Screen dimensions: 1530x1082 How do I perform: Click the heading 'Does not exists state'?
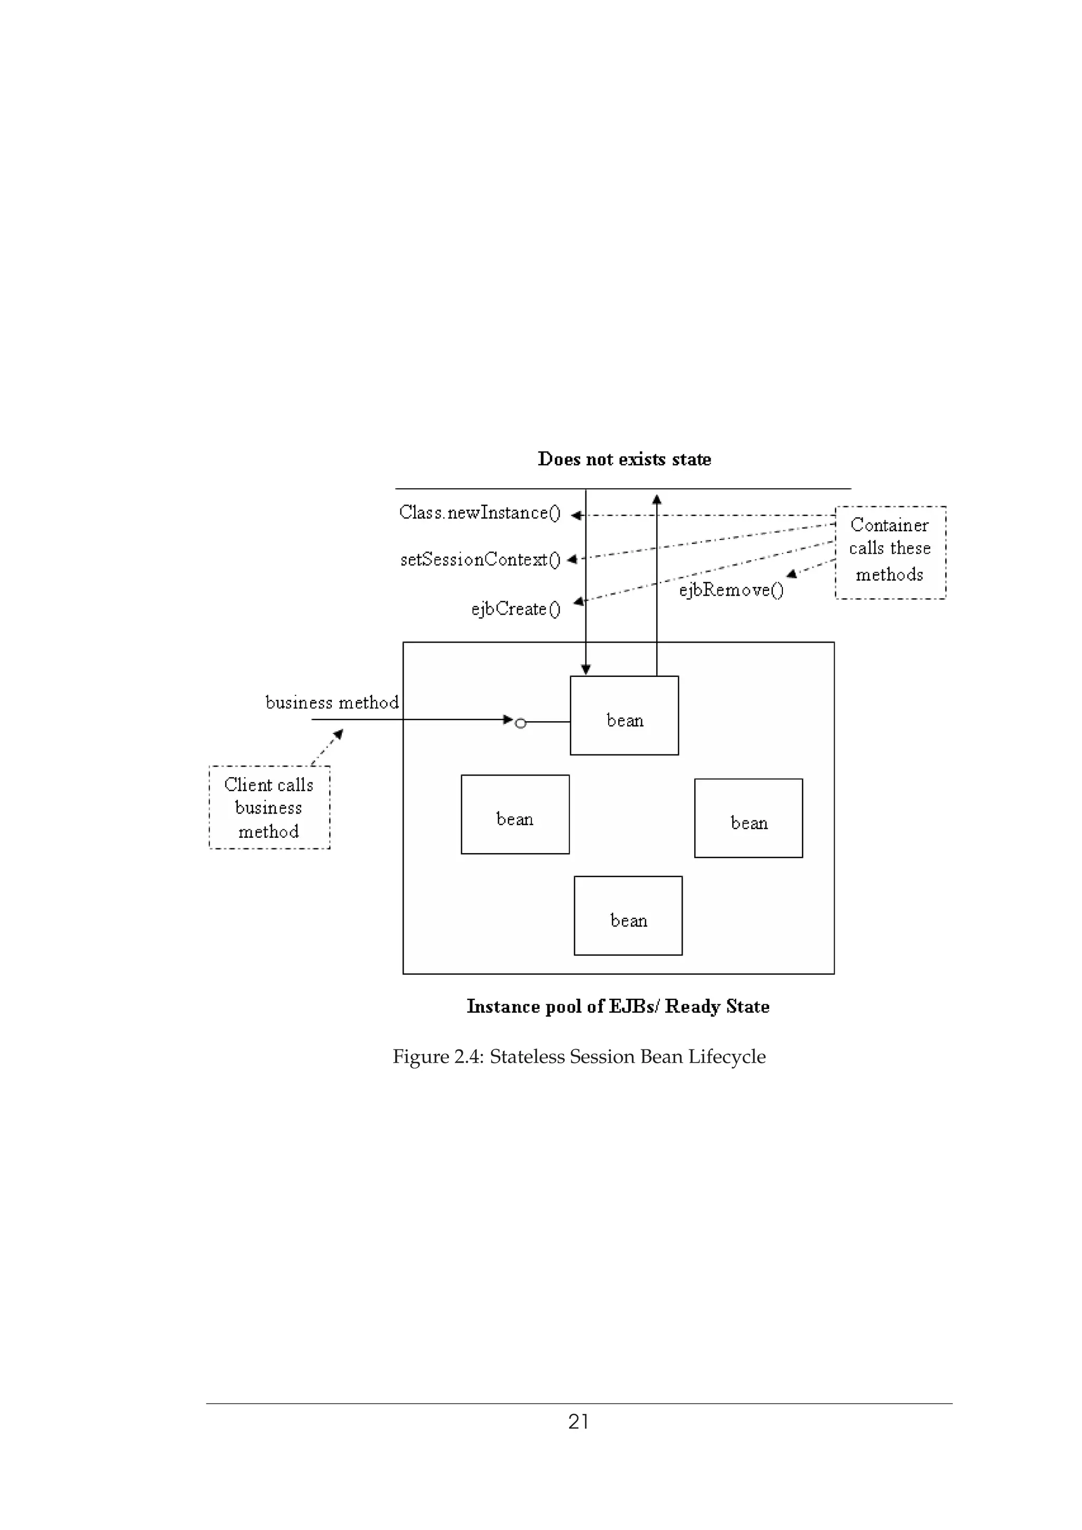624,459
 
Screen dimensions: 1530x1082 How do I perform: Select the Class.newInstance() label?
479,513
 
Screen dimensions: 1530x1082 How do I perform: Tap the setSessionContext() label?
480,559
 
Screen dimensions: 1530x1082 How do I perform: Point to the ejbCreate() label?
515,608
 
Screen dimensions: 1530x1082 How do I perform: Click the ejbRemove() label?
731,590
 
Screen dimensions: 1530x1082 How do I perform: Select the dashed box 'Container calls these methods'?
890,552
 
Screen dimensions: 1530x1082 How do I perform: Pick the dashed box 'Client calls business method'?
269,807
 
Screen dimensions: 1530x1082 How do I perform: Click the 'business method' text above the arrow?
332,702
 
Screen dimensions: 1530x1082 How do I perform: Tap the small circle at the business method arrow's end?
521,723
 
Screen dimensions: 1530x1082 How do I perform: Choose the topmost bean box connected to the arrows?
624,715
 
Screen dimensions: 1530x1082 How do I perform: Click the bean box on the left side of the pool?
515,814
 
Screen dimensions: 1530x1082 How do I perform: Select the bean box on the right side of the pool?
748,818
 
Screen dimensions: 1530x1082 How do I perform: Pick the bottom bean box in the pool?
628,915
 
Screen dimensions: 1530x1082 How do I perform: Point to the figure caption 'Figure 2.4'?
579,1056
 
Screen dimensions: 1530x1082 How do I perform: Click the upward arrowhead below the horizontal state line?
657,499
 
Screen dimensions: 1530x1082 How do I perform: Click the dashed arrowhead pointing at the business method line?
339,734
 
